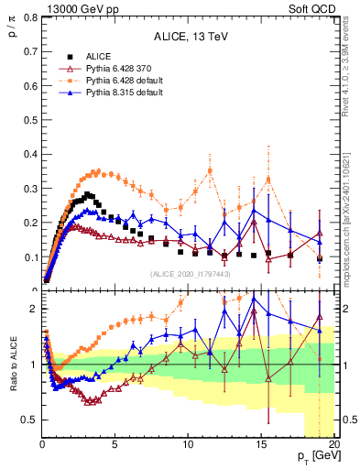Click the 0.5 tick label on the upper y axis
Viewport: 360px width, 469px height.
(x=29, y=119)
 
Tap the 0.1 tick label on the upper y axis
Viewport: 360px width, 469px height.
(x=29, y=257)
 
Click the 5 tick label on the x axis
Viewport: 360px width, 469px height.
(x=115, y=445)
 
